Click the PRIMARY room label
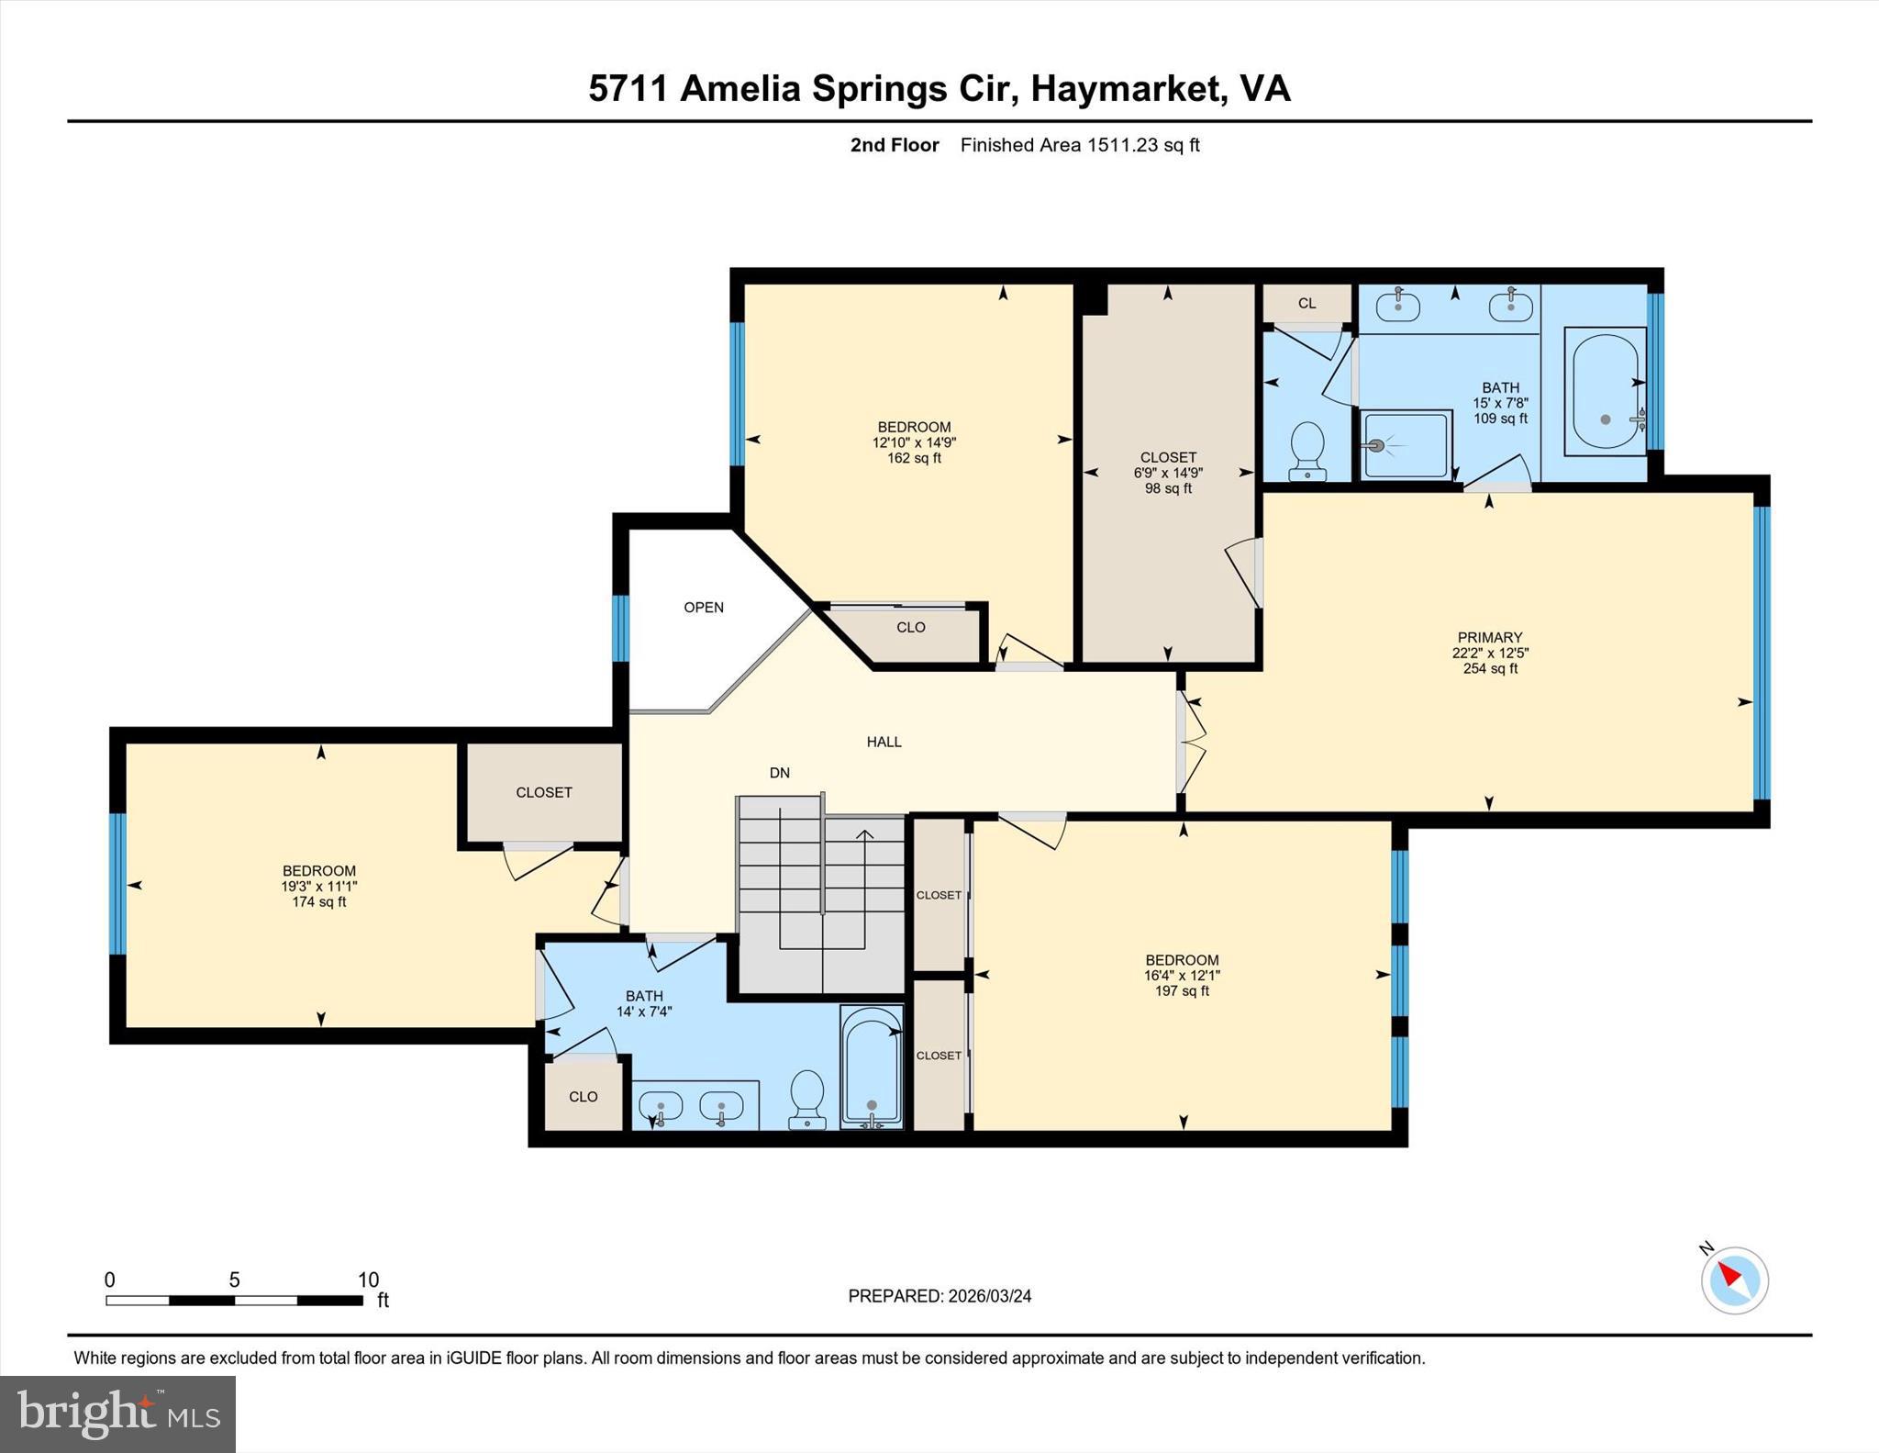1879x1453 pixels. [1490, 637]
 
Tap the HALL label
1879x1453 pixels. [884, 742]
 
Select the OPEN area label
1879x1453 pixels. [704, 608]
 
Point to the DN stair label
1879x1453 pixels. [780, 773]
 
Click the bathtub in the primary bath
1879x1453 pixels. [1606, 391]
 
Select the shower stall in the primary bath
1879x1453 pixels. [1406, 445]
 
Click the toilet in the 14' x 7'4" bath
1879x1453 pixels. [807, 1099]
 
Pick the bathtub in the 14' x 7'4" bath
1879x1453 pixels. [872, 1067]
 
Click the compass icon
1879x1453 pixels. [1734, 1280]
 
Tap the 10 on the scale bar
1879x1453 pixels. [368, 1280]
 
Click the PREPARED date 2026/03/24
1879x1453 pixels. [990, 1296]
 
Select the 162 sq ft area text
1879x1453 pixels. [914, 458]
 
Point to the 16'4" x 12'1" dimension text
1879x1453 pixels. [1182, 976]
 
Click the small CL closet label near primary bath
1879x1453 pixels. [1307, 304]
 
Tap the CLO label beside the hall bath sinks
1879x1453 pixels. [584, 1097]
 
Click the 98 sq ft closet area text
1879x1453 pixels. [1168, 488]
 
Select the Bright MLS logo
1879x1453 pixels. [117, 1414]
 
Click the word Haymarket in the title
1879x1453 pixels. [1129, 88]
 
